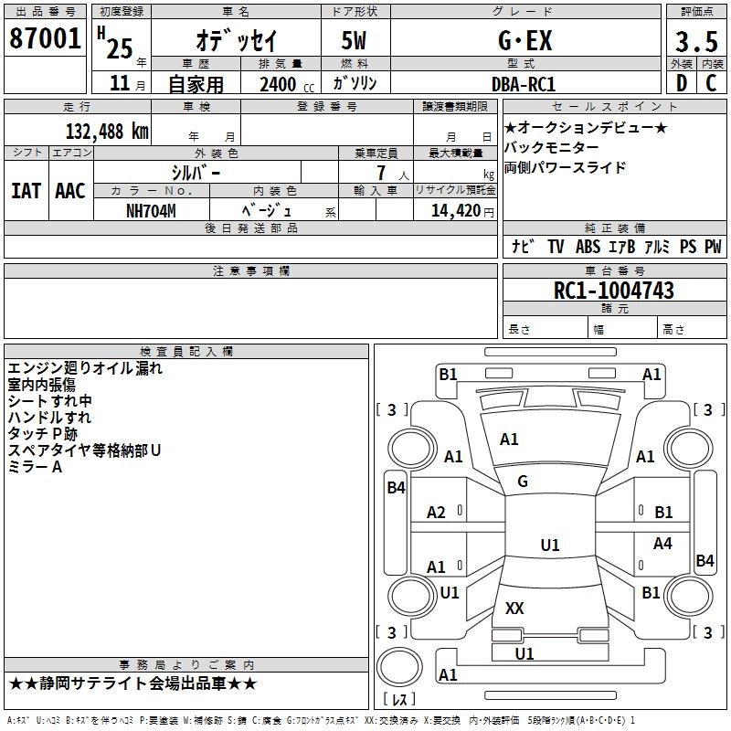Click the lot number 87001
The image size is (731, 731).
[x=46, y=39]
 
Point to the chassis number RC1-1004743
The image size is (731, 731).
[x=614, y=291]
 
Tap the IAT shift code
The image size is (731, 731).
[x=25, y=191]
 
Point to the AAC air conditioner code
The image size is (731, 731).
[x=69, y=191]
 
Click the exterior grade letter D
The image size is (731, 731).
[x=681, y=83]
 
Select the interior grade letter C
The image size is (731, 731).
[x=711, y=83]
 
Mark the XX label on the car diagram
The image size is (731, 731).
[x=514, y=608]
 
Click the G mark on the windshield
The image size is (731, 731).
[x=523, y=482]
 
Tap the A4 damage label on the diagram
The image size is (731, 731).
[x=662, y=544]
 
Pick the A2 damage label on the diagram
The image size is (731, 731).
[x=437, y=513]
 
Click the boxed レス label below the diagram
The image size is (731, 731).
[x=399, y=699]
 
